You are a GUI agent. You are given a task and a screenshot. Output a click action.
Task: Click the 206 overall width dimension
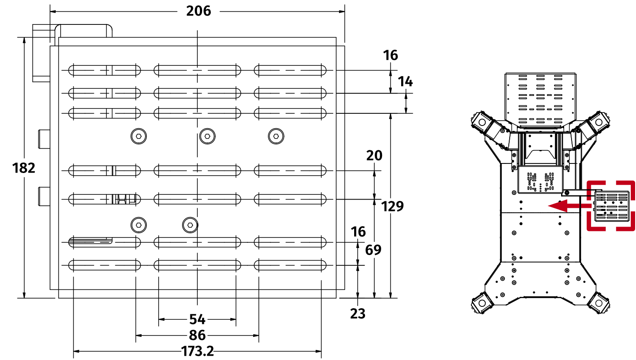click(x=199, y=11)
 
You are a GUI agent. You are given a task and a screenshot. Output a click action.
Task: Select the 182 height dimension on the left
click(x=24, y=168)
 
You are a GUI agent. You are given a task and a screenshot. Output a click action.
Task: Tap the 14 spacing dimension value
click(x=405, y=82)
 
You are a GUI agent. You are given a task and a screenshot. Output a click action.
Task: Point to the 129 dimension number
click(x=392, y=206)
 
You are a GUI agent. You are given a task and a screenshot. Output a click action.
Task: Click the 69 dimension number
click(x=373, y=250)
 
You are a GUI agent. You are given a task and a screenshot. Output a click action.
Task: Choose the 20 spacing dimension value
click(x=374, y=155)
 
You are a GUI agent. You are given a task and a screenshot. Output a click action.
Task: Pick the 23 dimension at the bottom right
click(x=358, y=313)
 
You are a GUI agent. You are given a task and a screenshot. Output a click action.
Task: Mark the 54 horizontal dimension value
click(x=197, y=319)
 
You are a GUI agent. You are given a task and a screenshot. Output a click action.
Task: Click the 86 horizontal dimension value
click(x=197, y=335)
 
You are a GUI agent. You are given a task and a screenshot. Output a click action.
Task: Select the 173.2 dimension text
click(x=197, y=351)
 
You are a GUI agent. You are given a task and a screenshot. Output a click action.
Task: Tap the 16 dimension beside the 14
click(x=390, y=55)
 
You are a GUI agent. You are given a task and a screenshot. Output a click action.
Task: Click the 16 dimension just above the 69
click(x=358, y=232)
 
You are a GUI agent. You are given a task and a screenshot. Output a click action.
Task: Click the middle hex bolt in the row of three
click(x=207, y=136)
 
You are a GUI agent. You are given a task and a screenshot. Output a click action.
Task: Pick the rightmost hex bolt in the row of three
click(x=276, y=136)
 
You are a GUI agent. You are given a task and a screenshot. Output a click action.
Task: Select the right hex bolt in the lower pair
click(x=190, y=225)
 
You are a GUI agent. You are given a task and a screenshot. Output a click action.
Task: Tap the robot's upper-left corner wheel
click(x=480, y=121)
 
